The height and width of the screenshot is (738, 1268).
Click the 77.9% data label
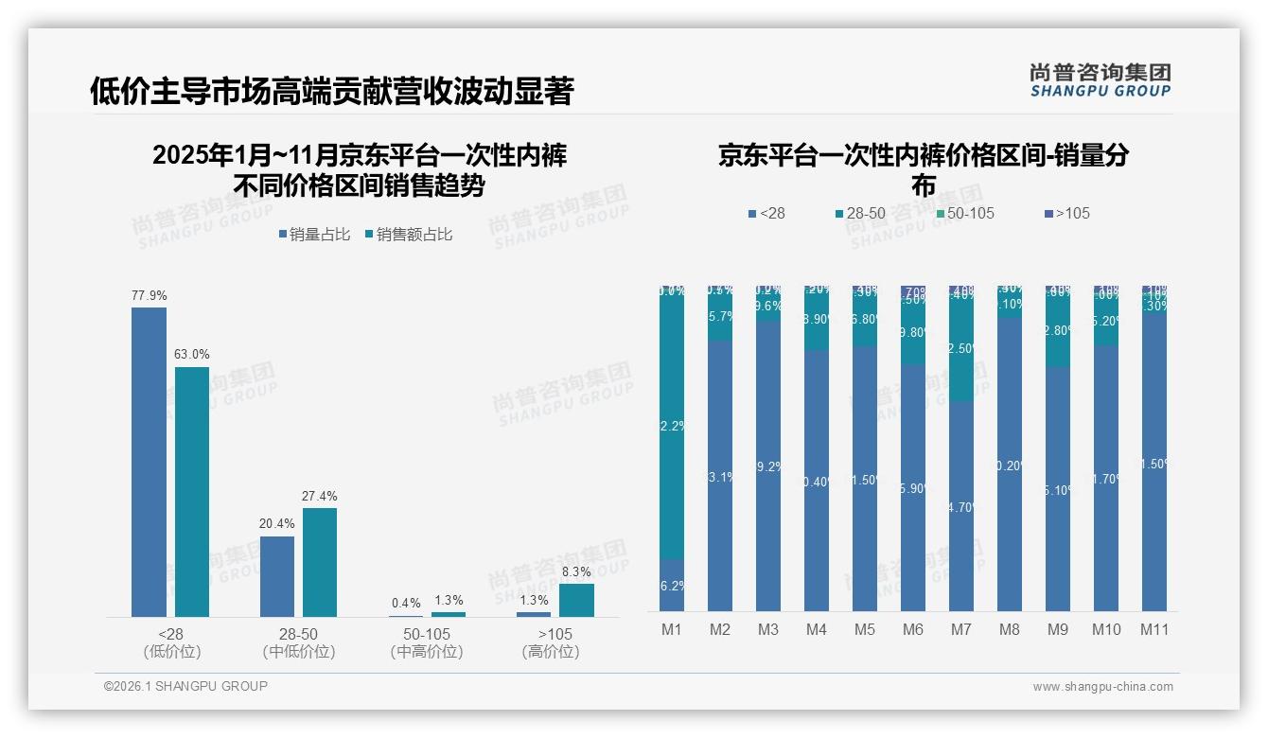pos(149,295)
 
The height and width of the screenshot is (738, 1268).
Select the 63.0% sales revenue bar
pos(192,492)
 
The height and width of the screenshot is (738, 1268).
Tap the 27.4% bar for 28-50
pos(320,562)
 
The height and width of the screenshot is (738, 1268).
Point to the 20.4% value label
pos(277,524)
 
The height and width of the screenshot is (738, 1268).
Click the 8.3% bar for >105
pos(576,600)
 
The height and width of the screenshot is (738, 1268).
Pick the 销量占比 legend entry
pos(314,235)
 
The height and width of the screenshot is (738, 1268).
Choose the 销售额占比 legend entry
pos(408,235)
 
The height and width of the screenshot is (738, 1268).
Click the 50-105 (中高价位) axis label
pos(427,642)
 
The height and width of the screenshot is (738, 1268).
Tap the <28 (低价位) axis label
pos(171,642)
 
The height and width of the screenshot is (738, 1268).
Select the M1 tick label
pos(672,629)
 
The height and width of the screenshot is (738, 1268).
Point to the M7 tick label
pos(961,629)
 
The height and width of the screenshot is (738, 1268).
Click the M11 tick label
pos(1154,629)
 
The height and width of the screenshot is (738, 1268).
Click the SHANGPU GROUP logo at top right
pos(1100,80)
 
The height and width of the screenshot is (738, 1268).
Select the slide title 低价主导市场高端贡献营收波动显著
pos(332,91)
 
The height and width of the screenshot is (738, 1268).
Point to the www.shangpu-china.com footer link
pos(1102,687)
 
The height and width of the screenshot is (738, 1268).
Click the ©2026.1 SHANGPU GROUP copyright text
pos(185,686)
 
